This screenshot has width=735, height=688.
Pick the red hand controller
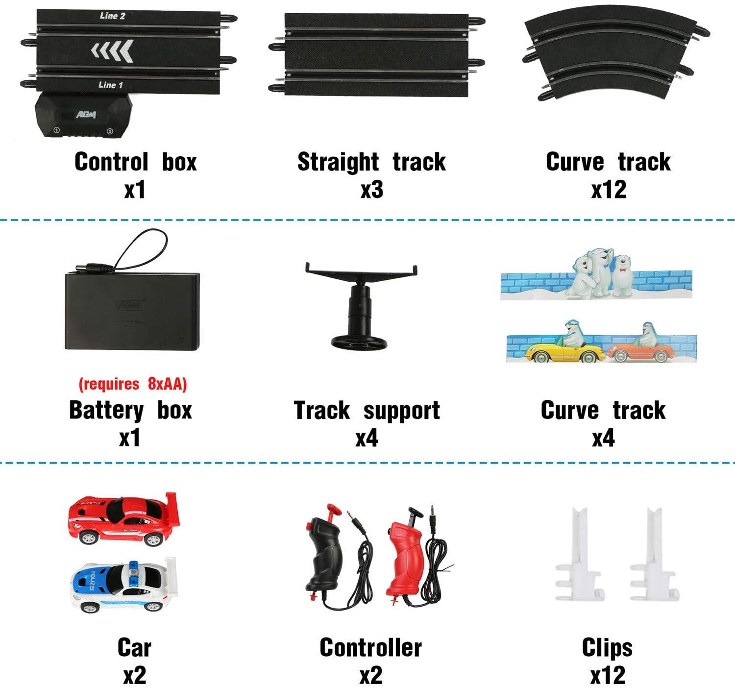pyautogui.click(x=406, y=554)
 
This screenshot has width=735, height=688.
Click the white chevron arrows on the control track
pyautogui.click(x=112, y=50)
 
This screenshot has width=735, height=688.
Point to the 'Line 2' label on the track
pyautogui.click(x=112, y=16)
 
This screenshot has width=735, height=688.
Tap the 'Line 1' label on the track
pyautogui.click(x=110, y=85)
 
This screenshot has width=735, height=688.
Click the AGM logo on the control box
pyautogui.click(x=86, y=115)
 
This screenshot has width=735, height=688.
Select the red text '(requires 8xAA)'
pyautogui.click(x=133, y=384)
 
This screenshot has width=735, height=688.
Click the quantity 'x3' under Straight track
pyautogui.click(x=371, y=190)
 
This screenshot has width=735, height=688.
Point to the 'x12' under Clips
pyautogui.click(x=608, y=676)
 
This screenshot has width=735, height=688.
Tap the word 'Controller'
pyautogui.click(x=370, y=648)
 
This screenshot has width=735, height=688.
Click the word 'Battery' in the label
pyautogui.click(x=106, y=410)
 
